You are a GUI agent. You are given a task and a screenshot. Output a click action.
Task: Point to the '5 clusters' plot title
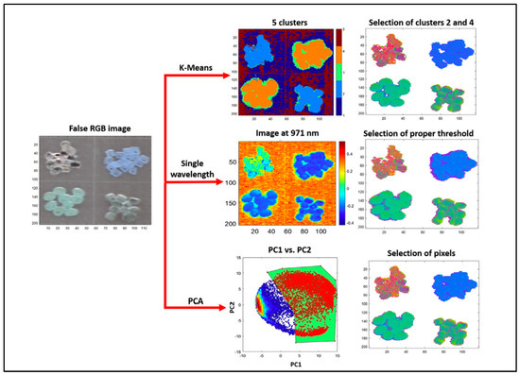tap(287, 18)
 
